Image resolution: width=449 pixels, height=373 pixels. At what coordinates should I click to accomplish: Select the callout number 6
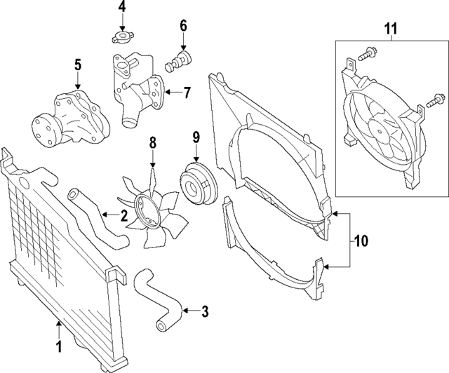pos(183,26)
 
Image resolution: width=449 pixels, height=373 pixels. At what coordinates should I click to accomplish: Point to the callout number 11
pos(390,29)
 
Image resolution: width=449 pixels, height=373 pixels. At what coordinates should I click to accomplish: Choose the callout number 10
pos(361,241)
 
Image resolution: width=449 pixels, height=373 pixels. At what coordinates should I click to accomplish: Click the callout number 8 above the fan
pos(152,144)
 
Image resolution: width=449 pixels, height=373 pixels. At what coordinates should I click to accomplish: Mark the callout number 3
pos(205,309)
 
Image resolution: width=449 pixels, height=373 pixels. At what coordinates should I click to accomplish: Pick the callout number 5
pos(78,65)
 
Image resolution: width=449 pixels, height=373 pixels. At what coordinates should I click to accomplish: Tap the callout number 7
pos(187,91)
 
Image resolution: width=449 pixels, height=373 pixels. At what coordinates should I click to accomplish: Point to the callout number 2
pos(123,216)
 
